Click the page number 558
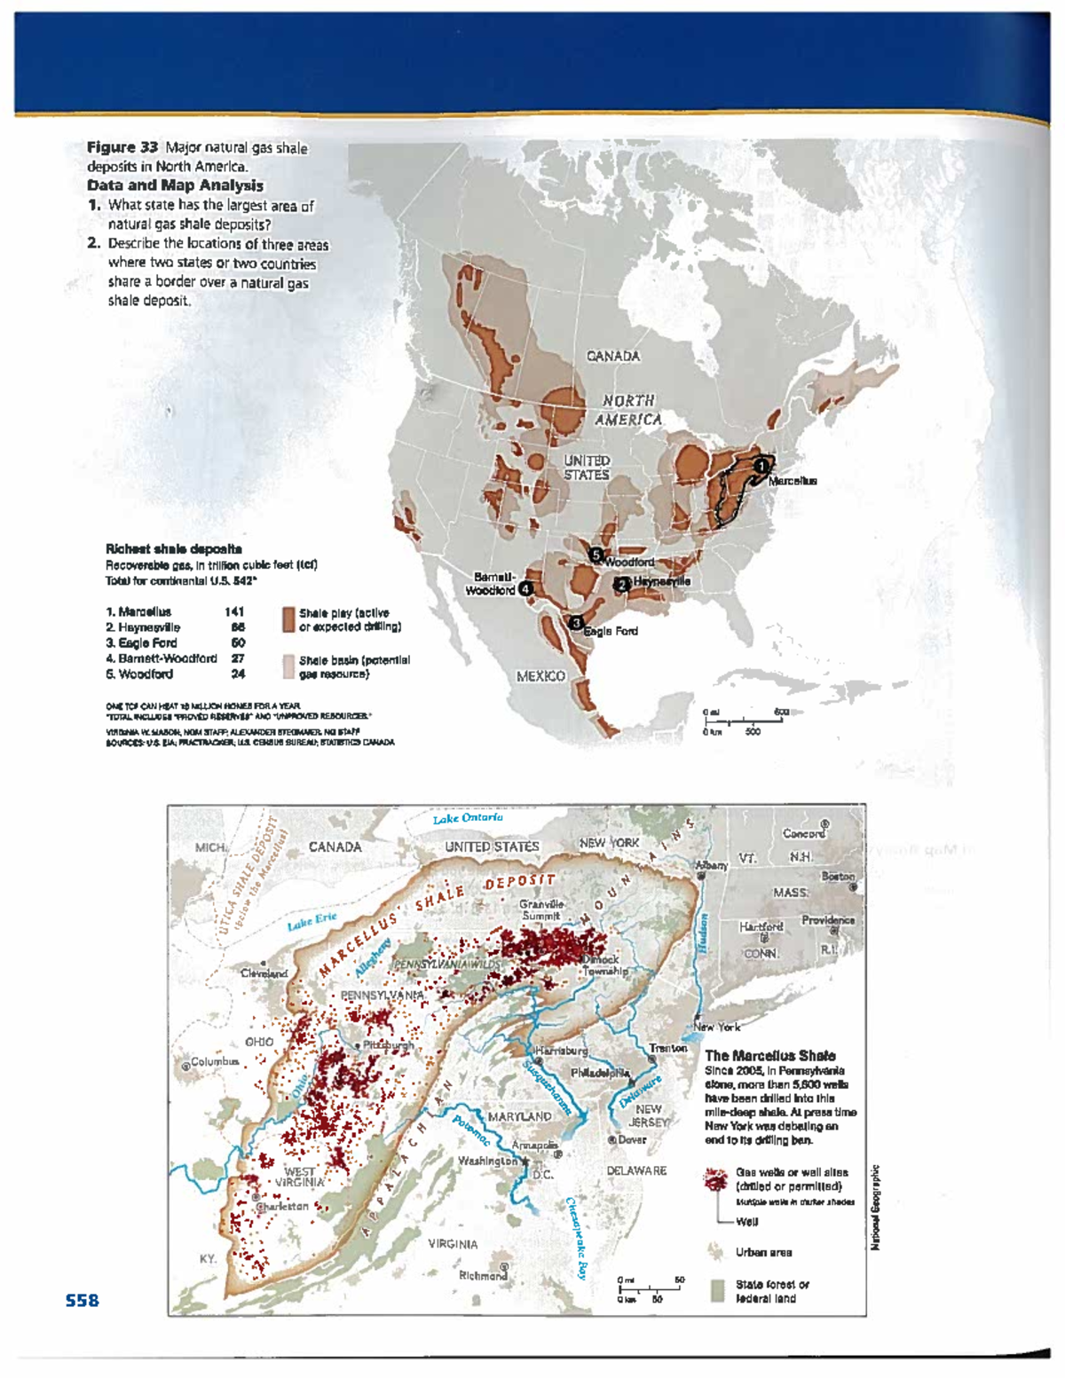[82, 1301]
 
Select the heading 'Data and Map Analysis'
[175, 185]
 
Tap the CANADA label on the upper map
[613, 356]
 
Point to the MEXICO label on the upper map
[540, 676]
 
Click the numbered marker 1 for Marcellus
[761, 465]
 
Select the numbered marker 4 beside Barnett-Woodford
[526, 587]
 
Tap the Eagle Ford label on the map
[611, 631]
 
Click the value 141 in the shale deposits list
[234, 611]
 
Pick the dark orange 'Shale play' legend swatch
[288, 618]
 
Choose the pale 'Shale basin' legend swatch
[288, 666]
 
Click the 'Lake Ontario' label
[468, 818]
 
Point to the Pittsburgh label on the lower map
[388, 1045]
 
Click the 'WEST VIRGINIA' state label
[299, 1177]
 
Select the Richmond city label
[483, 1276]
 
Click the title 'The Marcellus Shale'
[769, 1056]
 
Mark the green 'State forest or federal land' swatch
[717, 1290]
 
